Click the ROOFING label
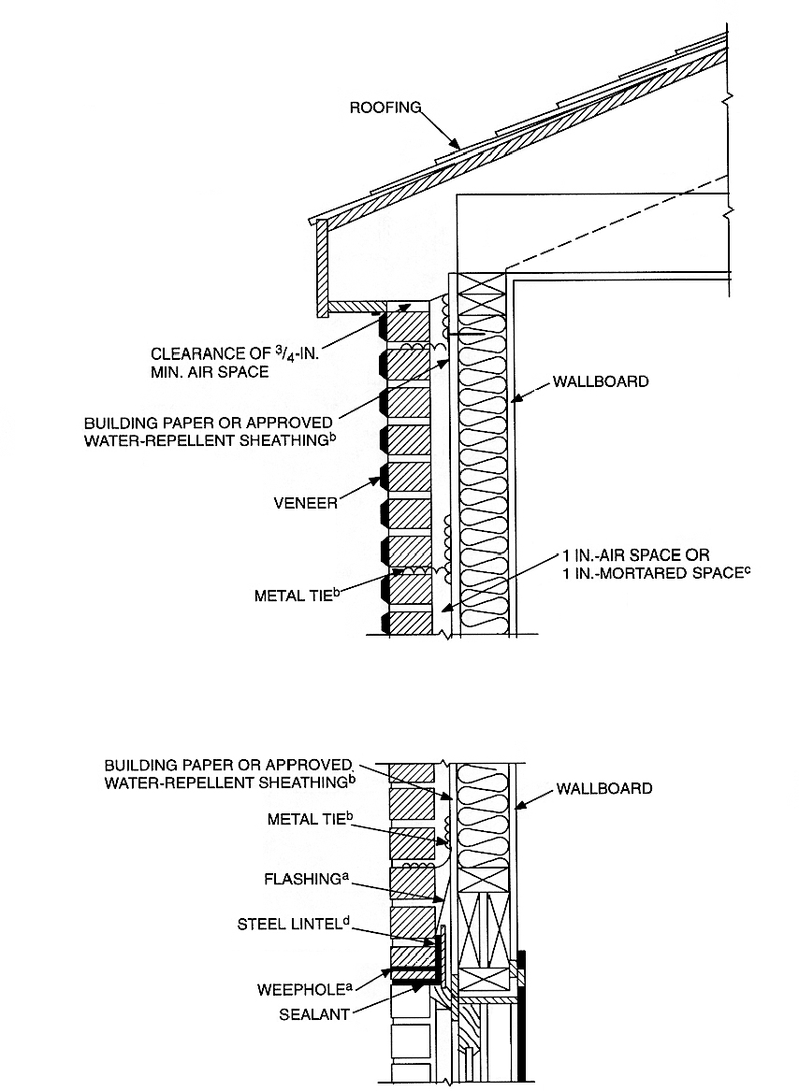pos(385,107)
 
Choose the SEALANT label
pos(314,1012)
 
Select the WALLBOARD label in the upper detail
pos(600,382)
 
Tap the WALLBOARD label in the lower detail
pos(604,788)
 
